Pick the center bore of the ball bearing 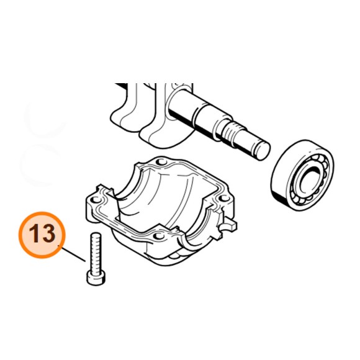pos(308,182)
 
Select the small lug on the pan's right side pos(231,222)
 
